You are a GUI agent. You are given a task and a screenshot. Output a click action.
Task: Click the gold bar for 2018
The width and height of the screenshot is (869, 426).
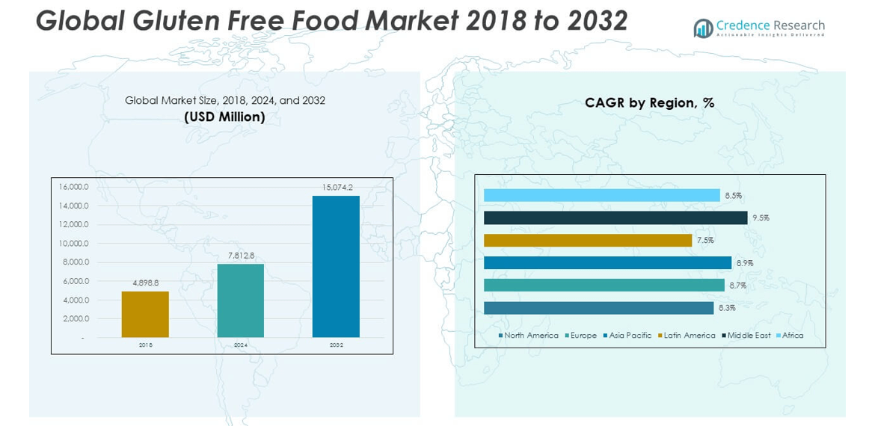[145, 314]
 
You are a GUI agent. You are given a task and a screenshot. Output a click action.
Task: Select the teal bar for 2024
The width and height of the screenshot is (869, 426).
[240, 300]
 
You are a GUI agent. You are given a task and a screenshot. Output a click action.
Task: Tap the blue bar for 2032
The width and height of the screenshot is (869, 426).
[336, 267]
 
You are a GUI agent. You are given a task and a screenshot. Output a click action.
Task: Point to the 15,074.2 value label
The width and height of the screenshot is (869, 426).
[337, 188]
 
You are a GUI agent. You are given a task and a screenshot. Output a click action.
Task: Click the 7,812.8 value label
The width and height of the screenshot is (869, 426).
[242, 256]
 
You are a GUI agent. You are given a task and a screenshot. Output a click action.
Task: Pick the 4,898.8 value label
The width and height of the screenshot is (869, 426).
[146, 283]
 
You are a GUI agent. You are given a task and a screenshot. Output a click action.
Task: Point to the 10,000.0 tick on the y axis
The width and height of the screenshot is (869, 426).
[73, 244]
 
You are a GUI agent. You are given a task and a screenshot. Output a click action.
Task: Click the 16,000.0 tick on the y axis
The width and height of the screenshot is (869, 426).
[73, 187]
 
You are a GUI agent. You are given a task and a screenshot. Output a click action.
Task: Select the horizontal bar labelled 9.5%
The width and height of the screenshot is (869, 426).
[615, 217]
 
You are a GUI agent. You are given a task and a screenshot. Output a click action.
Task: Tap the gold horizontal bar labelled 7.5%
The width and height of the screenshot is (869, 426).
[588, 240]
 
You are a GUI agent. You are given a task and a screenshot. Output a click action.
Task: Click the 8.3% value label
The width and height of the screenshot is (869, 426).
[727, 308]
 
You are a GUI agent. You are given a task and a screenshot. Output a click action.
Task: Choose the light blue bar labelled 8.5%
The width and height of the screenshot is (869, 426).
[602, 195]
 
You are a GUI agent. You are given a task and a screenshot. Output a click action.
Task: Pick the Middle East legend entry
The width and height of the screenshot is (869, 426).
[749, 336]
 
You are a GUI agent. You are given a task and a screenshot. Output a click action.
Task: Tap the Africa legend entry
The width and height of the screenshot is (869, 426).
[792, 336]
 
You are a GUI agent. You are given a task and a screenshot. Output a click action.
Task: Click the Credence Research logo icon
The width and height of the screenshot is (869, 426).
[702, 28]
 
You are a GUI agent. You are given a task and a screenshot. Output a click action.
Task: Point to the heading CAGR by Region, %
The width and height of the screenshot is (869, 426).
[650, 103]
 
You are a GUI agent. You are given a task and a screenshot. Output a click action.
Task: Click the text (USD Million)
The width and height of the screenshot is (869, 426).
[224, 117]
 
